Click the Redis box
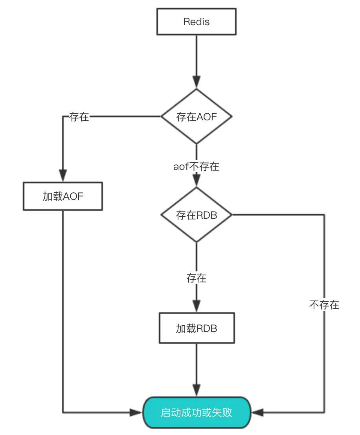[x=196, y=22]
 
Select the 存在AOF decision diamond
[x=196, y=117]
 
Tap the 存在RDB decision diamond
[x=196, y=215]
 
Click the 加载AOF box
[x=63, y=196]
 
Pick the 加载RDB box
[x=196, y=328]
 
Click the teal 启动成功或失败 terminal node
[x=196, y=413]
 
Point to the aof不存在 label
[x=196, y=166]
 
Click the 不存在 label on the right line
[x=324, y=305]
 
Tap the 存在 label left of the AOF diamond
[x=79, y=117]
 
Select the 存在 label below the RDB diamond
[x=196, y=278]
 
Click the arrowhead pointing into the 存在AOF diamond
[x=196, y=82]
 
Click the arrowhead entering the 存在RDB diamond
[x=196, y=180]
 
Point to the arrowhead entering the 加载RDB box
[x=196, y=306]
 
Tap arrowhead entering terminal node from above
[x=196, y=390]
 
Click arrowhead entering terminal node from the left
[x=136, y=413]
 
